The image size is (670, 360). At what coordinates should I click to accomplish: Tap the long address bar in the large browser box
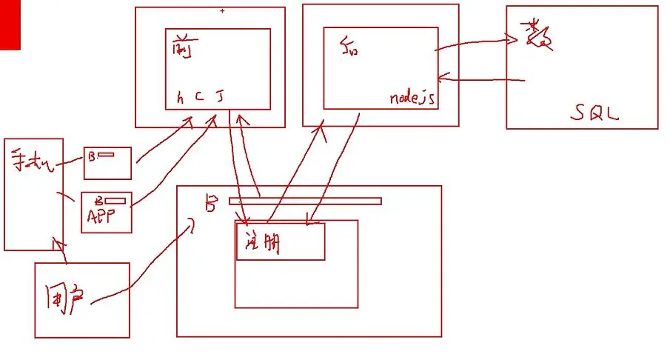305,201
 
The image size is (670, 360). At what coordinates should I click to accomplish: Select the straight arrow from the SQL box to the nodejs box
481,79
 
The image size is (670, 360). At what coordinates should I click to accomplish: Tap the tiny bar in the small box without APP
107,155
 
